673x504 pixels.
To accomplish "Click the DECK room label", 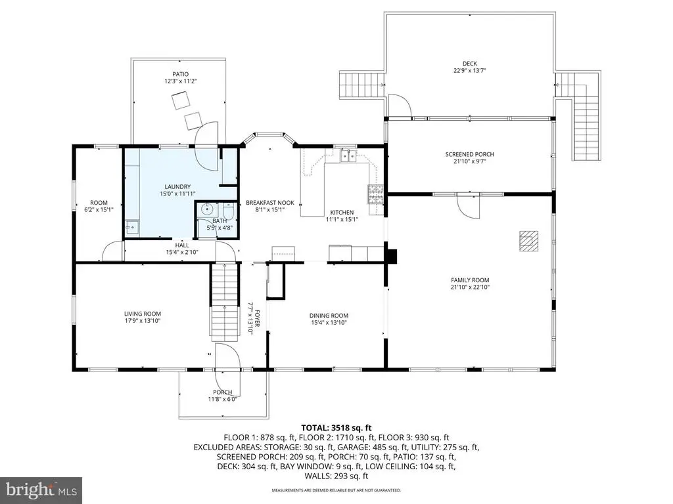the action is coord(469,64).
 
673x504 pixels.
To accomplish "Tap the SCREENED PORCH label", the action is coord(469,154).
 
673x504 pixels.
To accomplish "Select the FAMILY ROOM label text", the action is coord(470,280).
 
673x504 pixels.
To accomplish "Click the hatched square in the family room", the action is coord(529,240).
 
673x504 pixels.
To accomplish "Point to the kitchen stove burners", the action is coord(375,194).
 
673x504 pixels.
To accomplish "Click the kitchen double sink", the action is coord(348,156).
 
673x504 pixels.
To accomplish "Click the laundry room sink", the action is coord(133,227).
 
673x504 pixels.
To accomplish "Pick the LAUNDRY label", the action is coord(177,187).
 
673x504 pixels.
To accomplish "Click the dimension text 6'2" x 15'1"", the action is coord(99,209).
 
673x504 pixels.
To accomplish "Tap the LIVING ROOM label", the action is coord(143,314).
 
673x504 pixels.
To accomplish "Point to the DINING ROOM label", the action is coord(329,316).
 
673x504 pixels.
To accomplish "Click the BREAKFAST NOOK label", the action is coord(270,203).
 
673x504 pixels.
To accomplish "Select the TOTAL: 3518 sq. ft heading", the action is coord(336,427).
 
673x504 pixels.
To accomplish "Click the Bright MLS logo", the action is coord(41,490).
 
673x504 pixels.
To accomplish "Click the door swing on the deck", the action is coord(400,106).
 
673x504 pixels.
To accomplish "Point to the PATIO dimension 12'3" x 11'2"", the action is coord(181,81).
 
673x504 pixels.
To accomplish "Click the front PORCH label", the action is coord(223,392).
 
